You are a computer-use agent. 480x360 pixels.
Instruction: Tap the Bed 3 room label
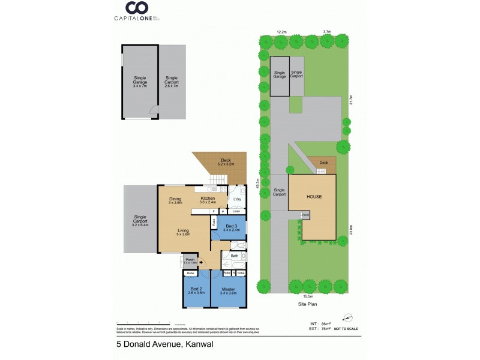coord(231,227)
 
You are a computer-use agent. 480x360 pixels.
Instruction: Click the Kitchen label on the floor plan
coord(208,200)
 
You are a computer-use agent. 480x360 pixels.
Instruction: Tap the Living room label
coord(184,232)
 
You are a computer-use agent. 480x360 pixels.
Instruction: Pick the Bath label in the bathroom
coord(235,256)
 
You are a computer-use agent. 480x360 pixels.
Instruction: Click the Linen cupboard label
coord(236,211)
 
